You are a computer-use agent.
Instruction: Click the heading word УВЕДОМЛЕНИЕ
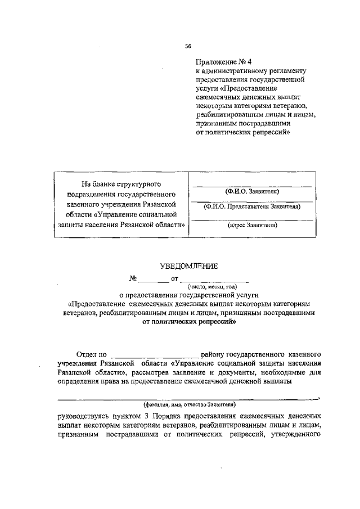pos(188,266)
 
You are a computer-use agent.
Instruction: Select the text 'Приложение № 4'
pos(221,62)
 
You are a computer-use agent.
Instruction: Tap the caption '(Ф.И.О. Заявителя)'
pos(251,192)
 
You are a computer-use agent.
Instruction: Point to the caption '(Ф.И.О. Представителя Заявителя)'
pos(251,206)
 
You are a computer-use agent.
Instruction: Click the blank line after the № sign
pos(153,280)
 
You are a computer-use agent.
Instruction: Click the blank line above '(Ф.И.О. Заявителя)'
pos(251,186)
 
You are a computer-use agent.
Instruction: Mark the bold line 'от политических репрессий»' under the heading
pos(188,322)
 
